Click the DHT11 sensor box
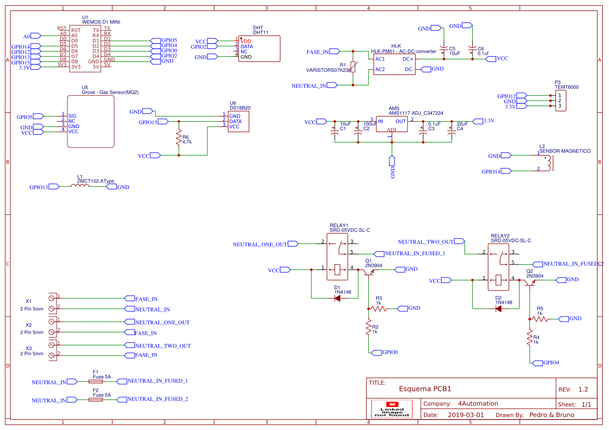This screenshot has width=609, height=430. pos(259,49)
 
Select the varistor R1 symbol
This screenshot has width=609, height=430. pos(353,67)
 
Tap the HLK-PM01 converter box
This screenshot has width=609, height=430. pos(394,64)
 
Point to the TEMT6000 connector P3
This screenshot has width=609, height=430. pos(560,101)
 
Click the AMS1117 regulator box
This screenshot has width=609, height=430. pos(392,124)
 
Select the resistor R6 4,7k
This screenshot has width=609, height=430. pos(179,139)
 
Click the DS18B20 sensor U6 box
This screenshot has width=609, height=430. pos(238,121)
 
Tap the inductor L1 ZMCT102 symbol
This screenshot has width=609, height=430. pos(80,186)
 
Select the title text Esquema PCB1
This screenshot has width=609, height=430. pos(425,389)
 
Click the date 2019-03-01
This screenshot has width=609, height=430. pos(465,415)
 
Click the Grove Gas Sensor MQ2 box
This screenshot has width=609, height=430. pos(90,121)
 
